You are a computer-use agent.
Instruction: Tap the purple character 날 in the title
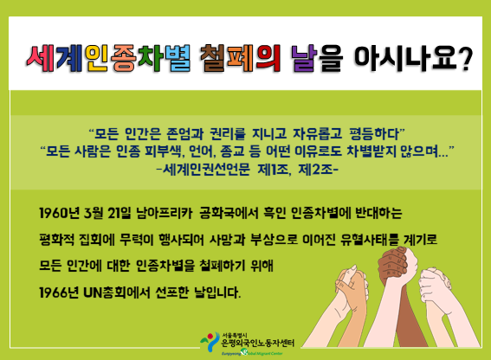click(304, 58)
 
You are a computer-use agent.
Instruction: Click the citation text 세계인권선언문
click(206, 170)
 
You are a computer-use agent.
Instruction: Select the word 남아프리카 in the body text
click(164, 213)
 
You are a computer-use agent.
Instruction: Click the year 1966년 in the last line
click(59, 293)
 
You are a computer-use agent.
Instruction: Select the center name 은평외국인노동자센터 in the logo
click(258, 344)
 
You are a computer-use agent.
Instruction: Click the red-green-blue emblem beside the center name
click(210, 342)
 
